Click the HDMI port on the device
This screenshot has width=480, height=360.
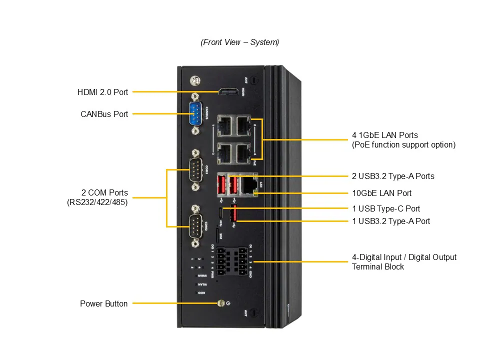[228, 91]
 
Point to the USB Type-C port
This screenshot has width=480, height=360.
[220, 214]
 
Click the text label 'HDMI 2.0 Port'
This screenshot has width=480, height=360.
[102, 92]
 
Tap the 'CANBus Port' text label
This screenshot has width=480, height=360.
[104, 114]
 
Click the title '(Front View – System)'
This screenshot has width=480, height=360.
[240, 42]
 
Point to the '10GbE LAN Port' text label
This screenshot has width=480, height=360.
[382, 193]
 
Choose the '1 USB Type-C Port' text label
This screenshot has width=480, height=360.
[386, 208]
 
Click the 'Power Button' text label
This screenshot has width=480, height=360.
[103, 303]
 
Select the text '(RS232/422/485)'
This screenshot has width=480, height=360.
[97, 202]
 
